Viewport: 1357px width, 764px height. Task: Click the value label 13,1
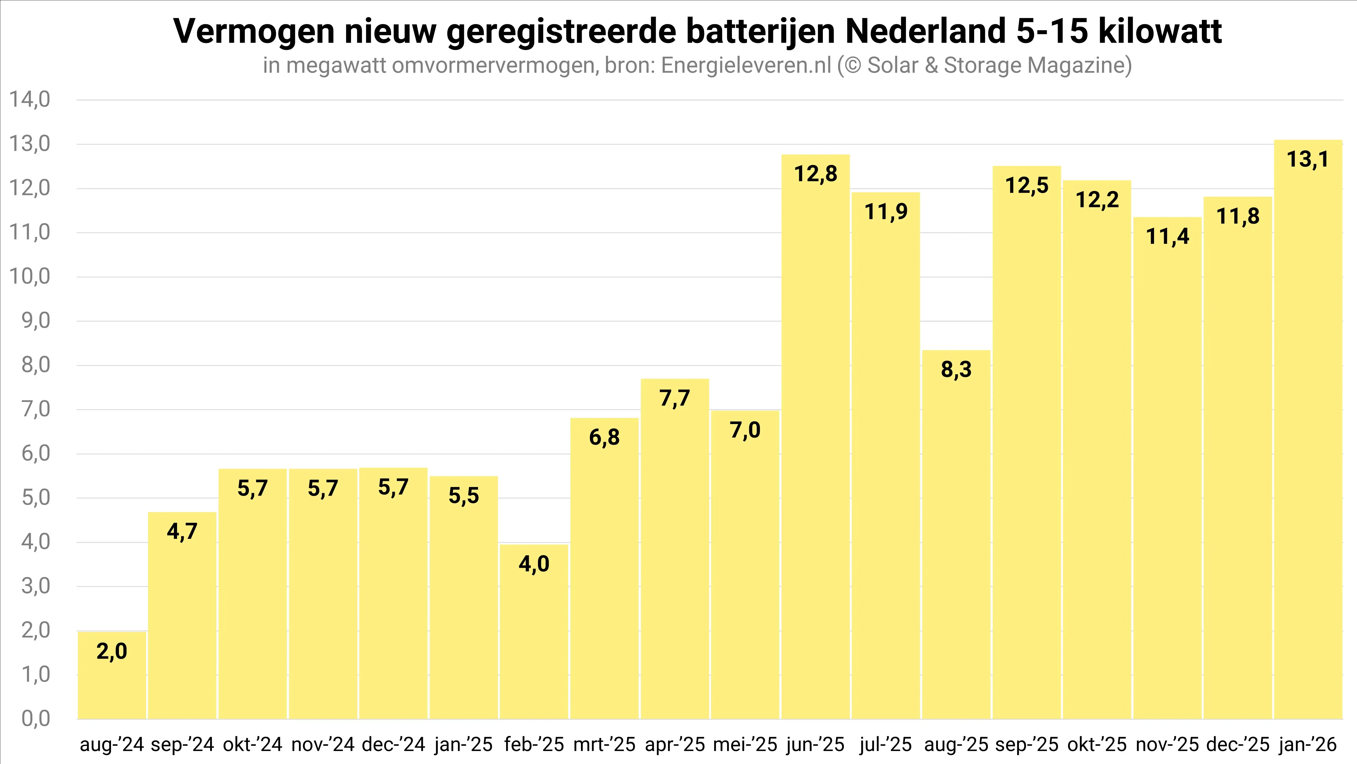point(1307,159)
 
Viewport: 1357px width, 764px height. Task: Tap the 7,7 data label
point(674,398)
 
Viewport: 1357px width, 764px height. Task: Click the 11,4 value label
point(1167,237)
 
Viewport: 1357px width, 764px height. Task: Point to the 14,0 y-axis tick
point(29,100)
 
